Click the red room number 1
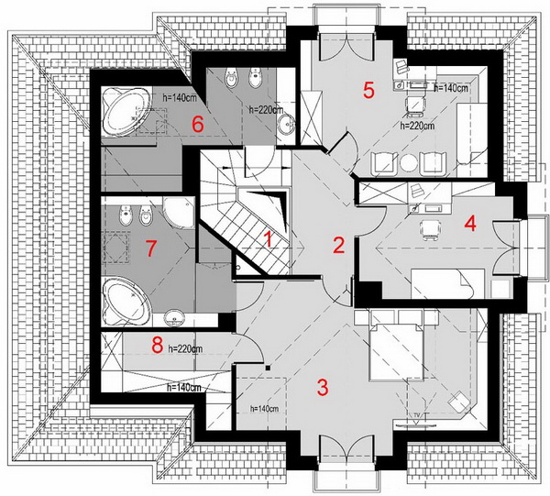click(x=268, y=240)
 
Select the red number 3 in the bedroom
click(x=323, y=387)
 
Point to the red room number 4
click(x=470, y=224)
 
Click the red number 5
click(x=368, y=90)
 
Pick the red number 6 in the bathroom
click(x=197, y=124)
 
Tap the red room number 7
click(x=151, y=248)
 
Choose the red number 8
click(x=158, y=345)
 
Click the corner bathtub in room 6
click(x=125, y=111)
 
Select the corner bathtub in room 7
click(x=126, y=301)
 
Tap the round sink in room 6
click(x=287, y=125)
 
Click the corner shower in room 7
click(x=178, y=213)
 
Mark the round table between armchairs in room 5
click(x=409, y=163)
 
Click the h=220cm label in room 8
click(x=185, y=349)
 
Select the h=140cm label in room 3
click(x=265, y=409)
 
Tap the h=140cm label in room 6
click(x=180, y=98)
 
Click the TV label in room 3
click(x=417, y=415)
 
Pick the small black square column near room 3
click(x=268, y=368)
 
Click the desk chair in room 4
click(x=430, y=230)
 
